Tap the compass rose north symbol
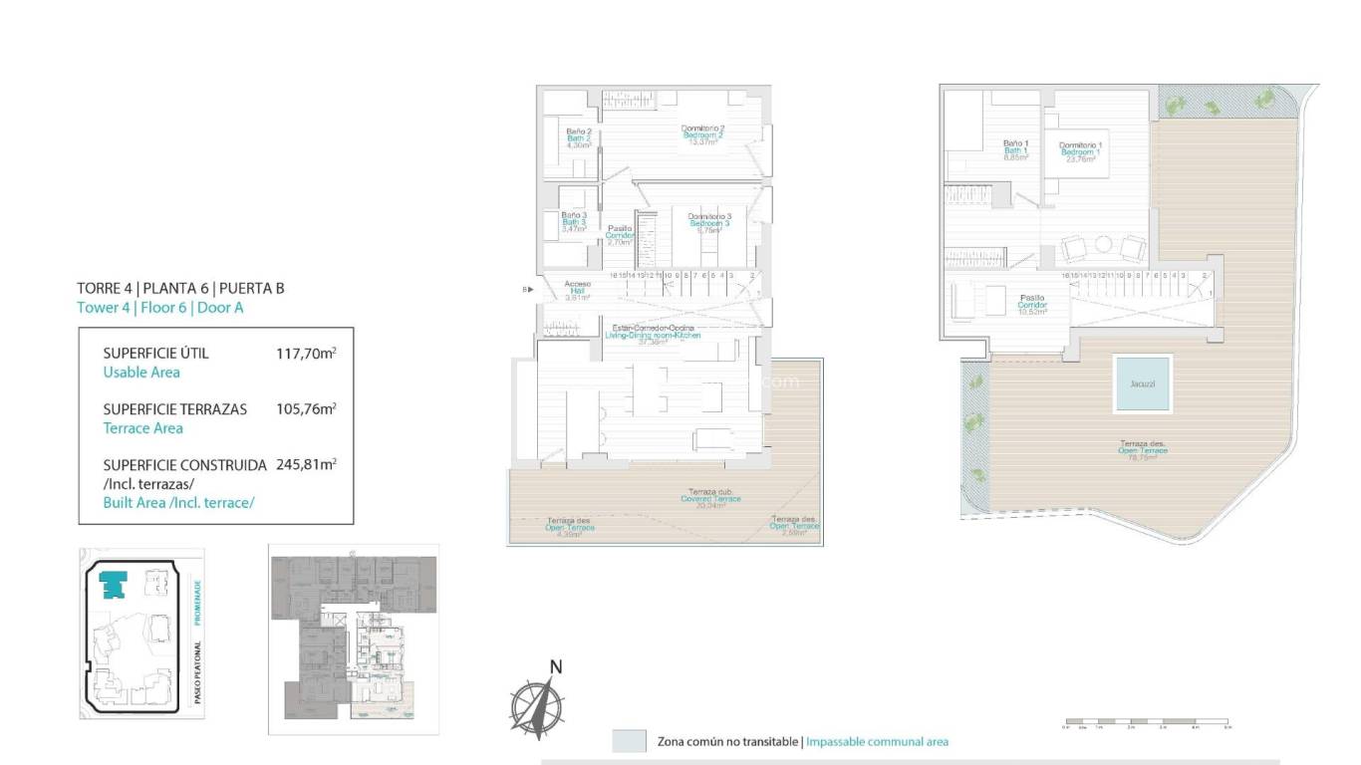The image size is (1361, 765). (537, 704)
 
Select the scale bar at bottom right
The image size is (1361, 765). (1146, 721)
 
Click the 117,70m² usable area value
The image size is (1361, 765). (306, 353)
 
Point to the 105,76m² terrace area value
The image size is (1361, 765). (306, 408)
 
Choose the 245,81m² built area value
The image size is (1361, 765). (306, 464)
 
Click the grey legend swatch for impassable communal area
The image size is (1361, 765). (629, 741)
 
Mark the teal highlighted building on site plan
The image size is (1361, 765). (116, 584)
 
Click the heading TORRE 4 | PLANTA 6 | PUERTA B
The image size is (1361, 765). (180, 289)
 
